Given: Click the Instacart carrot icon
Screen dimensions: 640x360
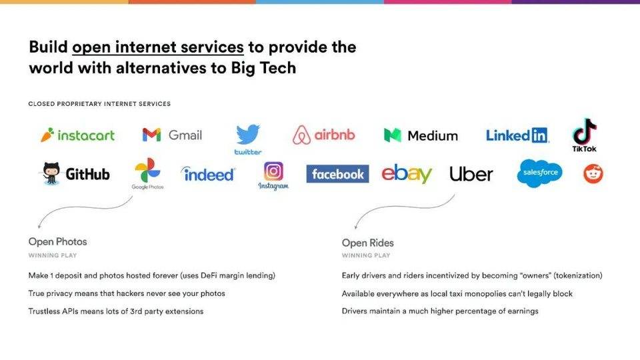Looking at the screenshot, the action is [47, 135].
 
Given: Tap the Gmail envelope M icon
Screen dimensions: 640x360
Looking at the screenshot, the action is [151, 135].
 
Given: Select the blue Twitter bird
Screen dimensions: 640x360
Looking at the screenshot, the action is [248, 134].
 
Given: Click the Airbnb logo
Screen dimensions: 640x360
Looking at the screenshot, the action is [324, 135].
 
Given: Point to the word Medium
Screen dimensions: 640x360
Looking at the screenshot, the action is [433, 135].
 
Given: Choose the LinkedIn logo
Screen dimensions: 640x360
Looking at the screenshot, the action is [517, 135].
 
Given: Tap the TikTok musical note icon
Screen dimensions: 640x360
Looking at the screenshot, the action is [585, 131].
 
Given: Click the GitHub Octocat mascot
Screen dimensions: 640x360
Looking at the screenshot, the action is [51, 173].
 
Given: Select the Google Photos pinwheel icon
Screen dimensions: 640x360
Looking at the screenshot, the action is [147, 170].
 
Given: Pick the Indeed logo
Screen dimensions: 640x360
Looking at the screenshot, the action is [208, 174].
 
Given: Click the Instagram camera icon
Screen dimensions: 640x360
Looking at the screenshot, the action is [273, 171].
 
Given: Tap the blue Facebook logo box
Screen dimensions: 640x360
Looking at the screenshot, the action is [337, 174].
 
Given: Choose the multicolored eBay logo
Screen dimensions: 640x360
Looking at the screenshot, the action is [407, 174].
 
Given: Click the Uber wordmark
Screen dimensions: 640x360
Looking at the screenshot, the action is [471, 174].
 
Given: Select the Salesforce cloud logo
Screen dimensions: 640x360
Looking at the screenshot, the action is [539, 173].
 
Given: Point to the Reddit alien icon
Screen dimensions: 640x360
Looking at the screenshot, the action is [593, 174].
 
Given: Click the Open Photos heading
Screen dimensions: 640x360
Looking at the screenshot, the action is [57, 241].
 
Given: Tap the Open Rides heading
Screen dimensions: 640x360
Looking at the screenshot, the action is [368, 243].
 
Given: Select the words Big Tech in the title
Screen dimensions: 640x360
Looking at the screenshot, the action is [263, 68].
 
